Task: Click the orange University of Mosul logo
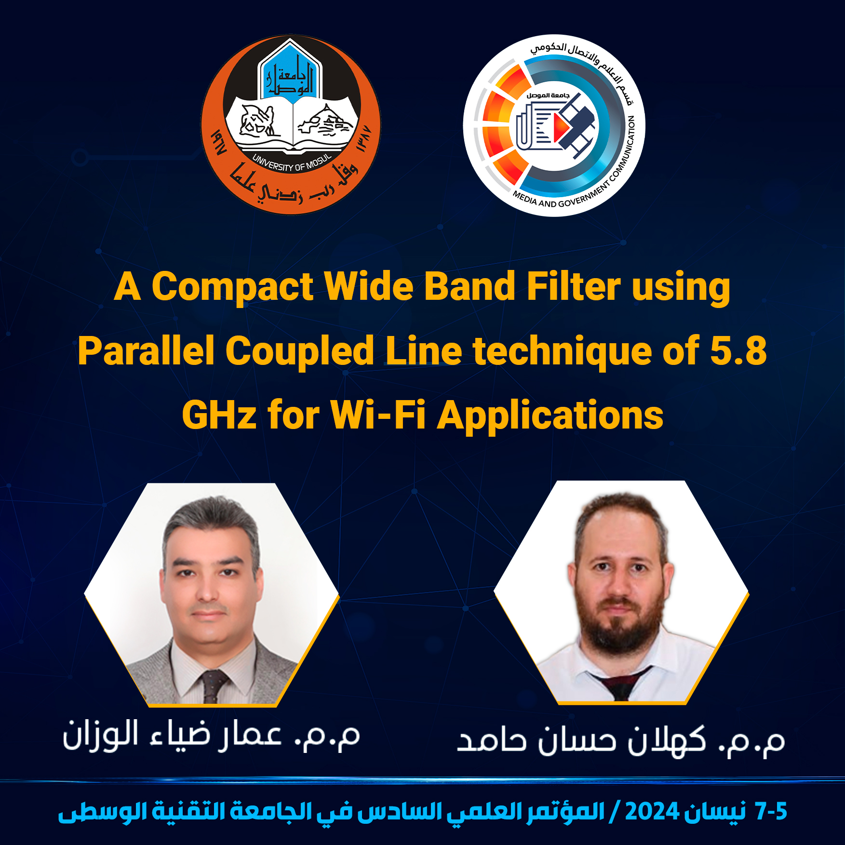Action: click(x=291, y=124)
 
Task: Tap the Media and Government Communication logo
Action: click(x=554, y=125)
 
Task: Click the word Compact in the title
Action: click(x=233, y=287)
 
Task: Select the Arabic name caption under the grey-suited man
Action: click(x=211, y=736)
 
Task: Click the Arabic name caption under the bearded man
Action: click(x=621, y=740)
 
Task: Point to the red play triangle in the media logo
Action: click(x=560, y=127)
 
